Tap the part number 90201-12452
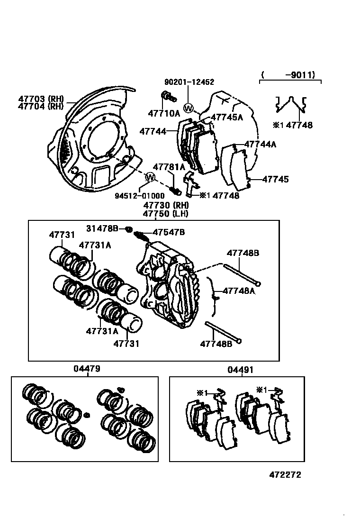coord(189,82)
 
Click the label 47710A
coord(164,114)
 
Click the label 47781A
coord(169,167)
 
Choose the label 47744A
coord(260,144)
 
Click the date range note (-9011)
coord(290,74)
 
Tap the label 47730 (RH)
coord(166,206)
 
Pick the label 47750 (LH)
coord(166,214)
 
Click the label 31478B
coord(102,228)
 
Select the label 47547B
coord(169,232)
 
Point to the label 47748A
coord(239,291)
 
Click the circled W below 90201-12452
coord(189,108)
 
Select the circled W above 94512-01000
coord(150,178)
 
